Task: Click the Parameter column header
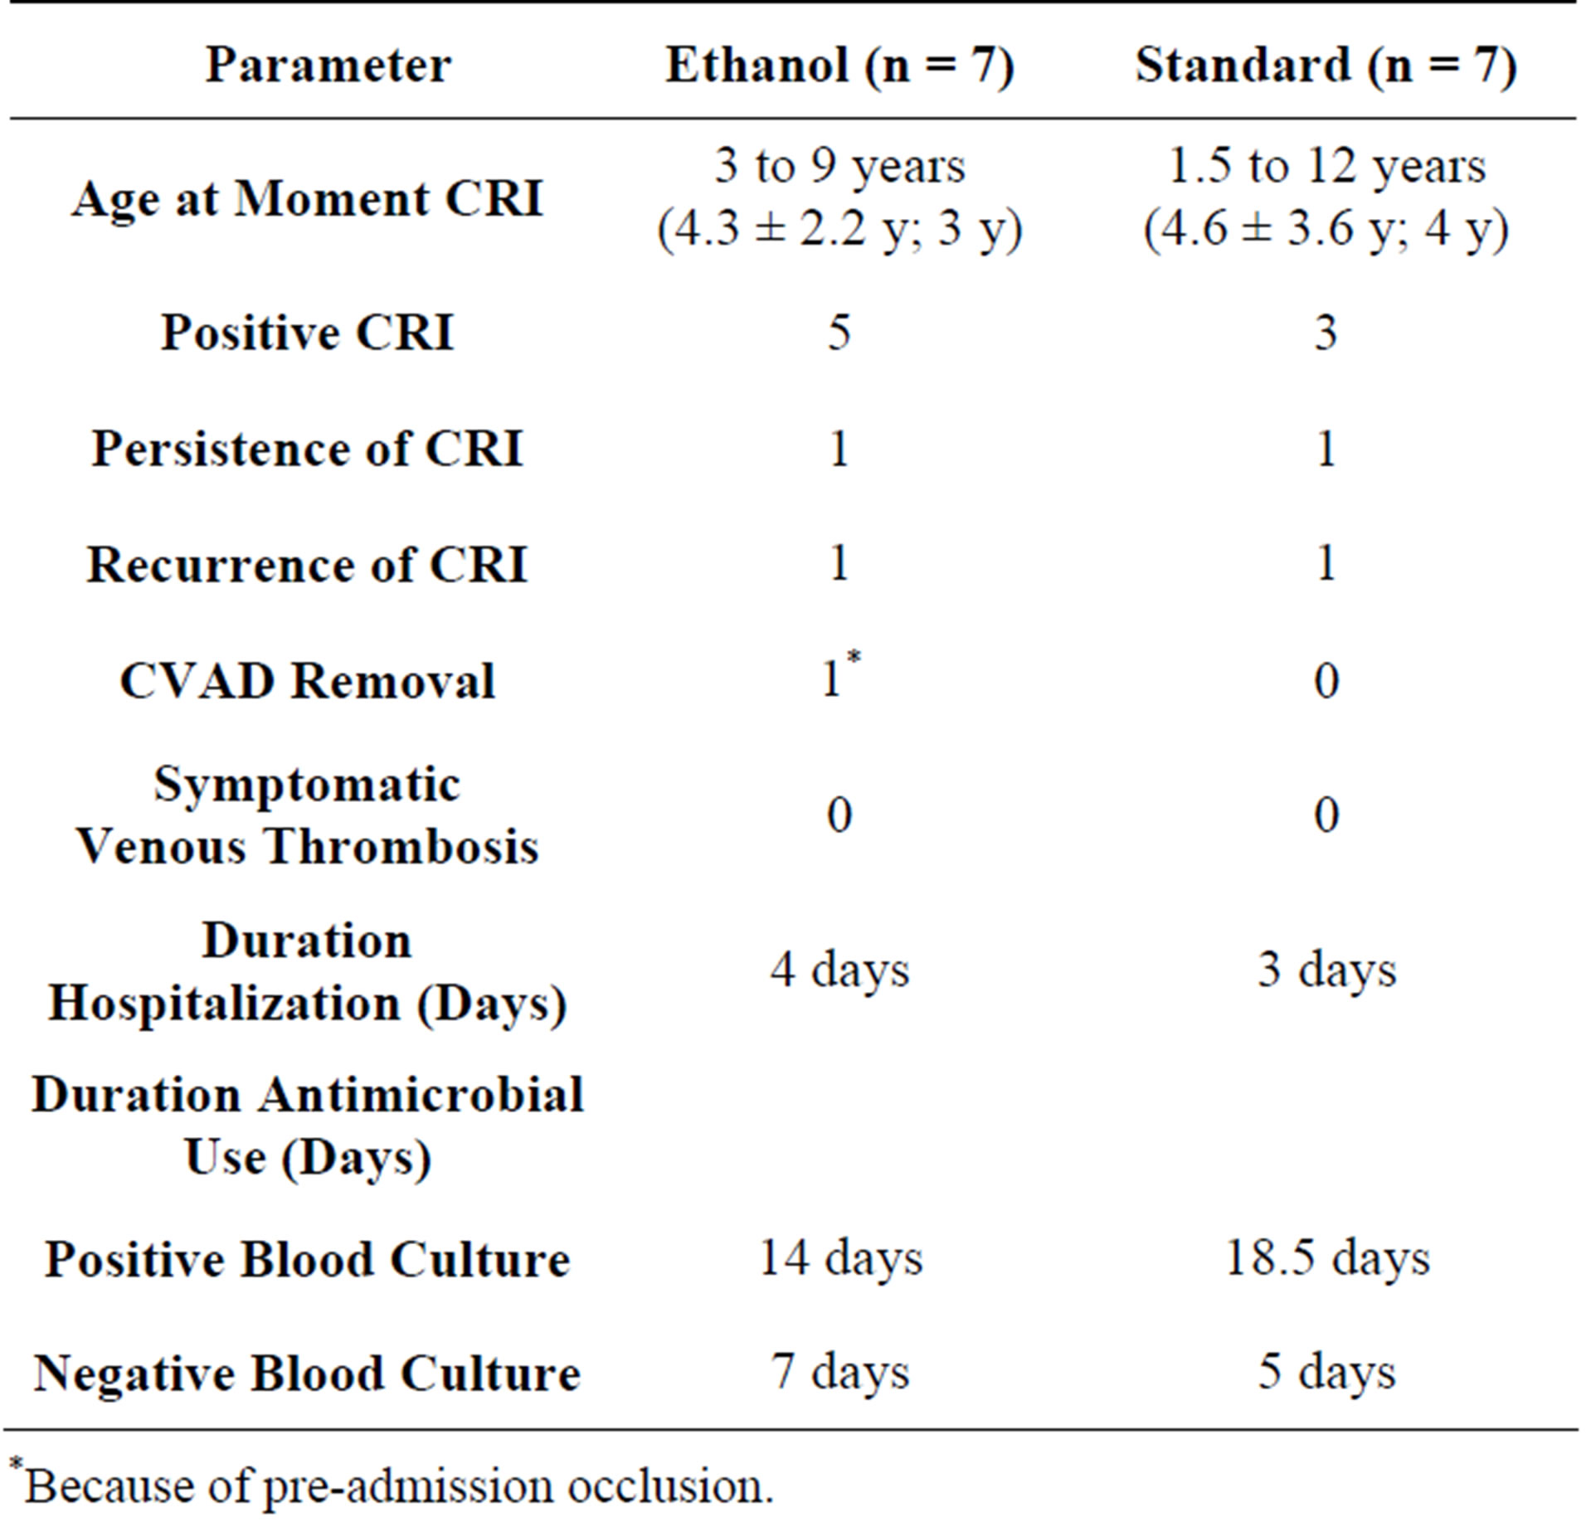[x=328, y=65]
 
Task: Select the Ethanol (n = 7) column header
[x=839, y=65]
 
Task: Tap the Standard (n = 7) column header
[x=1326, y=65]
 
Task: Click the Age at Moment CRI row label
[x=307, y=199]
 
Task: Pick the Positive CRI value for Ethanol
[x=839, y=333]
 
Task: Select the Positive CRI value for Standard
[x=1326, y=333]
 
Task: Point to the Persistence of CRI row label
[x=307, y=449]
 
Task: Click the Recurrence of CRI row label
[x=307, y=565]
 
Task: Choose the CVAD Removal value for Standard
[x=1326, y=681]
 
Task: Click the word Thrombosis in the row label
[x=401, y=847]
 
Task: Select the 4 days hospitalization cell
[x=839, y=969]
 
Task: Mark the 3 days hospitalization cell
[x=1326, y=969]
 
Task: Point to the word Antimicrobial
[x=421, y=1095]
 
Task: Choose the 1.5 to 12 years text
[x=1326, y=166]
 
